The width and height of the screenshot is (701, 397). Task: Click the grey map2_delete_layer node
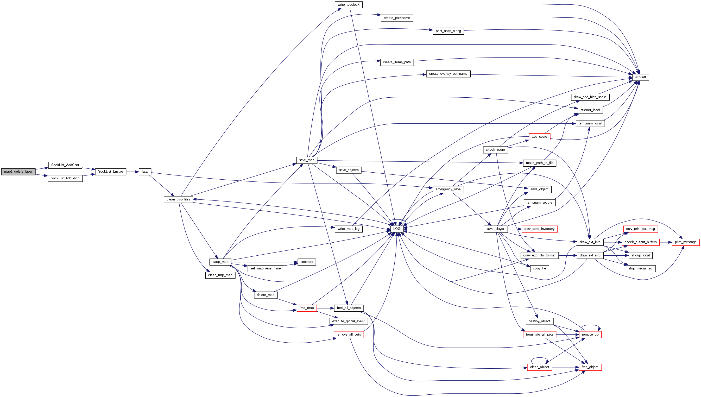(18, 172)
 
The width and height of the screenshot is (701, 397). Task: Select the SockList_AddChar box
(65, 165)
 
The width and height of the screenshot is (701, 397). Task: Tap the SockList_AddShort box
(65, 178)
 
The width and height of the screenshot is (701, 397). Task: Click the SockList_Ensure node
(110, 172)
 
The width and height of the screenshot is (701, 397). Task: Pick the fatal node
(145, 172)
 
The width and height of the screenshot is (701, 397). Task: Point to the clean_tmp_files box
(178, 199)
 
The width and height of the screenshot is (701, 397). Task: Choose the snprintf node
(640, 77)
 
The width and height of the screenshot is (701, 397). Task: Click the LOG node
(397, 229)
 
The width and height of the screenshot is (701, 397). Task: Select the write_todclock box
(348, 5)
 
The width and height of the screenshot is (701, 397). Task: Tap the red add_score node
(539, 137)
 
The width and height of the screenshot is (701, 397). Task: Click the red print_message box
(685, 242)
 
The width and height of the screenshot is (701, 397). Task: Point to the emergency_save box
(448, 189)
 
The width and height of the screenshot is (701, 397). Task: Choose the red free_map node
(307, 308)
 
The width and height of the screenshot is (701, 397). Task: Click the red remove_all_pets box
(349, 335)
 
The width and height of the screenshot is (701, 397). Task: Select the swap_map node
(220, 262)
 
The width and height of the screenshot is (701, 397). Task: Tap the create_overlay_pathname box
(448, 74)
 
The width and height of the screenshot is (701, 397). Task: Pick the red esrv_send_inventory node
(539, 229)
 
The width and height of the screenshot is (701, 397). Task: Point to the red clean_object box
(539, 367)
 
